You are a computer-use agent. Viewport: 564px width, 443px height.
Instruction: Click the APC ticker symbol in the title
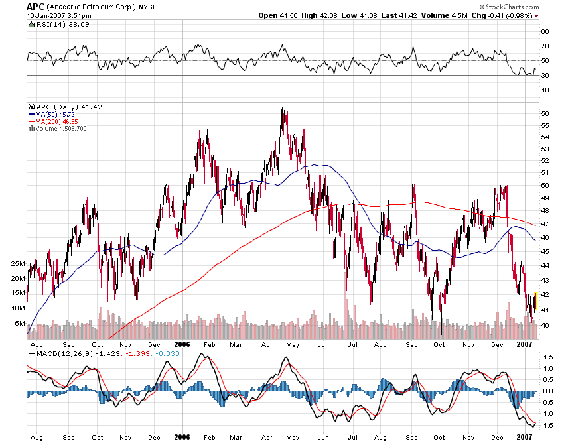click(35, 6)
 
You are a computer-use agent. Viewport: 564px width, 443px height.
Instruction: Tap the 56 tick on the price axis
click(545, 113)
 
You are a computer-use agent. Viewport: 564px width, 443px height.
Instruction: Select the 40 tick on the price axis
click(545, 325)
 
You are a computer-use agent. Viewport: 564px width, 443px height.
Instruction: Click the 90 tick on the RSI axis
click(545, 31)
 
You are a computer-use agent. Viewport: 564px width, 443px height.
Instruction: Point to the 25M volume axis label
click(18, 263)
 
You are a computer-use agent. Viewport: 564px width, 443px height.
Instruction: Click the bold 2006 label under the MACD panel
click(182, 438)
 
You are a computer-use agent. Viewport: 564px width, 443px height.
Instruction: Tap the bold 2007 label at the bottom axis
click(524, 438)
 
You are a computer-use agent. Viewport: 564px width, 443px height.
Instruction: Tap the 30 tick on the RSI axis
click(545, 75)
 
